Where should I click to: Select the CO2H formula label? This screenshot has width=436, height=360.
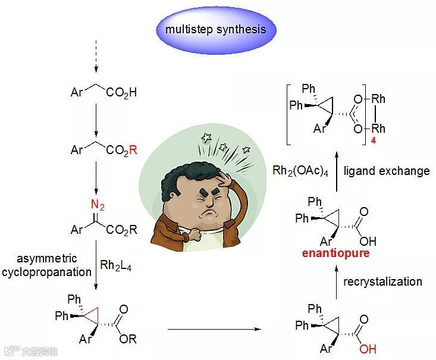[121, 93]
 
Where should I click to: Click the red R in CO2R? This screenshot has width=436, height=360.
[133, 150]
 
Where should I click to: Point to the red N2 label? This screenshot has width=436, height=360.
[98, 206]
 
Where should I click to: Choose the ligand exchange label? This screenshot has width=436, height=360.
[387, 171]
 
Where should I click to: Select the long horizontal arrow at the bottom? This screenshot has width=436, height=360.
[215, 328]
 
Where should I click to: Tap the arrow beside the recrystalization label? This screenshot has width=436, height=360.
[336, 281]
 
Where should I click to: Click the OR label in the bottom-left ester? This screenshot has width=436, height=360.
[127, 339]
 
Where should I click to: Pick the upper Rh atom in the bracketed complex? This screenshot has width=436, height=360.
[378, 99]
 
